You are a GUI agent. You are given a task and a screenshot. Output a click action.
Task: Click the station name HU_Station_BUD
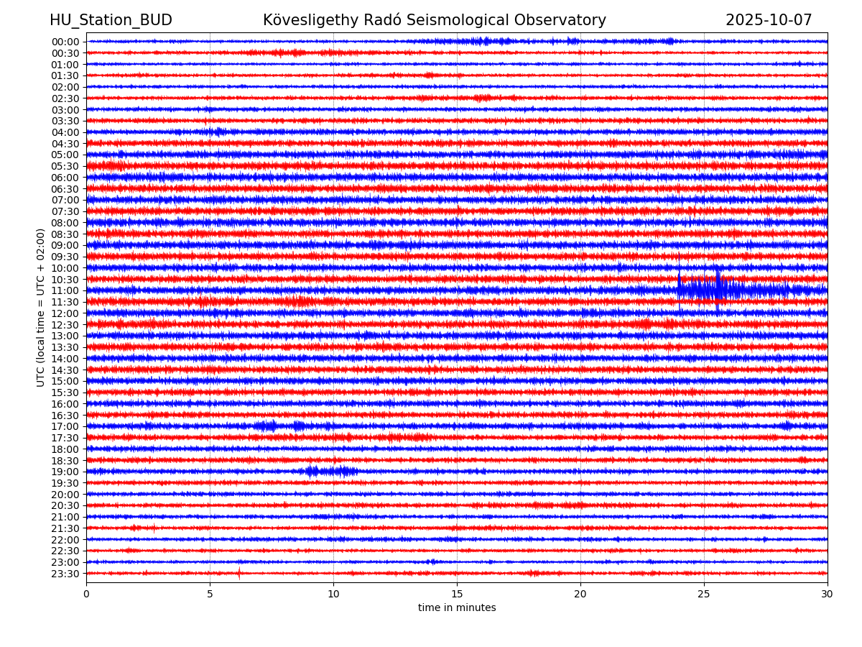[x=111, y=20]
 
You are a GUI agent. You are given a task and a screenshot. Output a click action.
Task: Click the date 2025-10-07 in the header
[x=769, y=20]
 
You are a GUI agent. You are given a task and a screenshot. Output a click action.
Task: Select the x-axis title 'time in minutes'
[x=457, y=608]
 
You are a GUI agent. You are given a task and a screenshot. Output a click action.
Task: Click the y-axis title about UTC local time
[x=41, y=307]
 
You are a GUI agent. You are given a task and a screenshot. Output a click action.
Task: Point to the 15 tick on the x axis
[x=457, y=595]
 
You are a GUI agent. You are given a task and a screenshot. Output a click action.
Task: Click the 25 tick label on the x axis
[x=704, y=595]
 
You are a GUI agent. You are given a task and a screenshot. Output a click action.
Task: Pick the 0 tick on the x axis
[x=86, y=595]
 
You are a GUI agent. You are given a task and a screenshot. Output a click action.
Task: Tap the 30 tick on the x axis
[x=828, y=595]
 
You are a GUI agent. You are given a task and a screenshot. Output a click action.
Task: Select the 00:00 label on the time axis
[x=65, y=42]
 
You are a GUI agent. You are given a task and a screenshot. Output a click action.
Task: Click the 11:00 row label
[x=65, y=290]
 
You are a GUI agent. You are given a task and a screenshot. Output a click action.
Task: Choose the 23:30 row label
[x=65, y=574]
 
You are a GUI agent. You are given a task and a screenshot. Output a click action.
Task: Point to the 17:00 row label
[x=65, y=426]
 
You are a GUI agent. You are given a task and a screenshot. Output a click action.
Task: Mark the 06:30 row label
[x=65, y=189]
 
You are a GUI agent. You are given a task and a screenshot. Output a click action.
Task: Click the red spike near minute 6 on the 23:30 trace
[x=239, y=573]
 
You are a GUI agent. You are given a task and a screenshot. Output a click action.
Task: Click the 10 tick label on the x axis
[x=333, y=595]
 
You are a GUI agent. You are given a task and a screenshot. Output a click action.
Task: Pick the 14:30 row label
[x=65, y=370]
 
